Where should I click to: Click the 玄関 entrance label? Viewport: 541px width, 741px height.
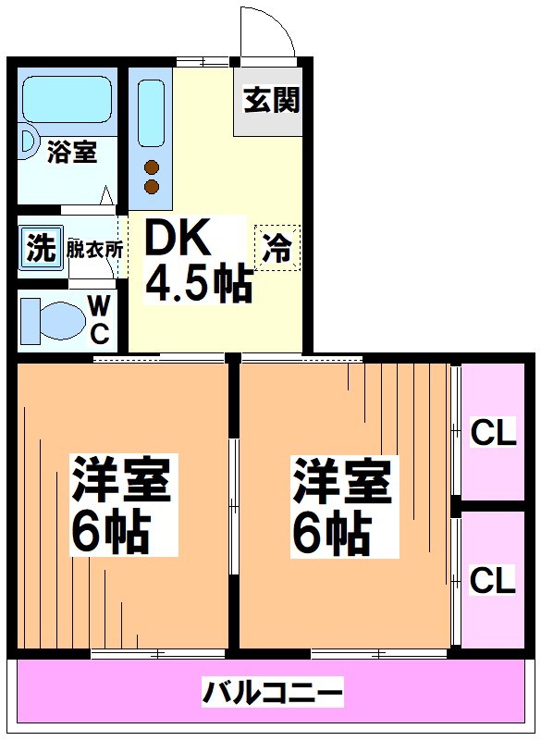tap(272, 100)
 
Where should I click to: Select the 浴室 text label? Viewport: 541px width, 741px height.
tap(71, 152)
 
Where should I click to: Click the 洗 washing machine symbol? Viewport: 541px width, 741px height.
tap(39, 249)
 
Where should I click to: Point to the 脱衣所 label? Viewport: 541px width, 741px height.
tap(95, 249)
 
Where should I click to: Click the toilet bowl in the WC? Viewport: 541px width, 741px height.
tap(56, 319)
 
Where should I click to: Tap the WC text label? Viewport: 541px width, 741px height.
tap(101, 318)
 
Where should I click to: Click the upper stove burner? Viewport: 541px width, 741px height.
tap(152, 167)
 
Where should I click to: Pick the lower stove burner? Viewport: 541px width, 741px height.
tap(152, 188)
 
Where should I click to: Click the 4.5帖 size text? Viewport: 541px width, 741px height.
tap(199, 285)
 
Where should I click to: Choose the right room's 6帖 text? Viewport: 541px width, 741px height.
tap(333, 533)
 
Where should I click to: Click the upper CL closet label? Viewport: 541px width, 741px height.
tap(492, 432)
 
